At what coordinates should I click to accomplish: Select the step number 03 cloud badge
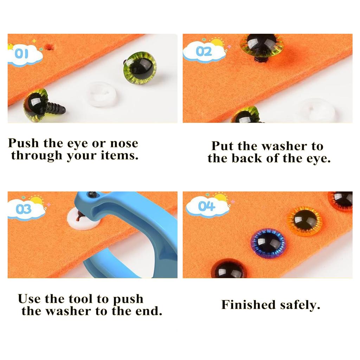point(25,210)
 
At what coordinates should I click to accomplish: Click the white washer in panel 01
point(101,94)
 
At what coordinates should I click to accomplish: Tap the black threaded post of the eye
point(56,108)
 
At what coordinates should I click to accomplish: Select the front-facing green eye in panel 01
point(140,68)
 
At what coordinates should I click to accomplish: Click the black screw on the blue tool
point(92,194)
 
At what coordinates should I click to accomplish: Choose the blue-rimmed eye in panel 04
point(269,243)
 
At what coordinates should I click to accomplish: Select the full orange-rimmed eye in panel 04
point(304,221)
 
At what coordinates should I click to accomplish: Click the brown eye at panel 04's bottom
point(229,269)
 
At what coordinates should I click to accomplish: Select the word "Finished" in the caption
point(249,304)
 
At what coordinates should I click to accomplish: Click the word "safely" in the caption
point(300,305)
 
